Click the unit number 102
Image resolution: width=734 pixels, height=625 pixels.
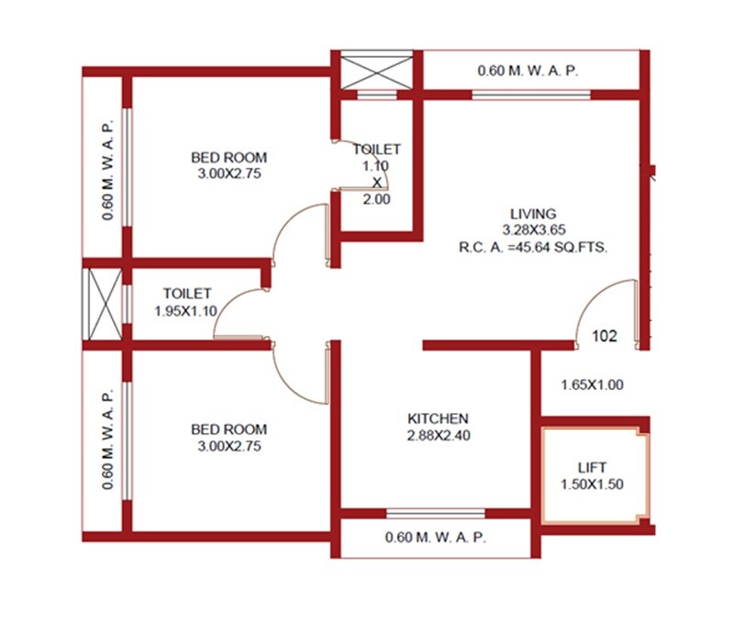click(x=605, y=336)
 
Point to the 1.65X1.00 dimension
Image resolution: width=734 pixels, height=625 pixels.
click(x=592, y=385)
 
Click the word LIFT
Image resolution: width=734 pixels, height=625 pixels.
click(x=592, y=467)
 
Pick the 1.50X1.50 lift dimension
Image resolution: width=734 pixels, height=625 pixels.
click(x=592, y=484)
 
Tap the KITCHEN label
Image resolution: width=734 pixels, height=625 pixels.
click(x=439, y=419)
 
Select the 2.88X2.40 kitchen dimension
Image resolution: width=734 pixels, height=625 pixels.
click(x=439, y=436)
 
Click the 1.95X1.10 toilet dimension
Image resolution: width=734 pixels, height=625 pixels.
click(x=185, y=311)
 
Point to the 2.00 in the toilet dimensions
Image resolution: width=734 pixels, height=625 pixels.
click(x=376, y=199)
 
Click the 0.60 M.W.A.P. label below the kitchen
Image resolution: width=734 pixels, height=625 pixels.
click(x=436, y=537)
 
